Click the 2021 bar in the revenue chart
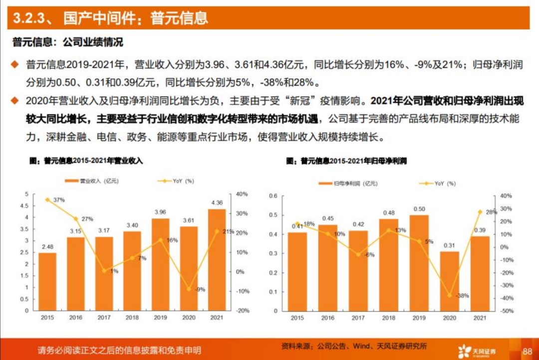pos(217,260)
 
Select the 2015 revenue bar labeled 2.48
pos(47,281)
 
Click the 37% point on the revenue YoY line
pos(48,200)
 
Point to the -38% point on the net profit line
pos(449,296)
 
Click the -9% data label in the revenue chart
pos(200,290)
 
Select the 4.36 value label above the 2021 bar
pos(217,203)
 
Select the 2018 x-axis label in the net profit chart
pos(389,318)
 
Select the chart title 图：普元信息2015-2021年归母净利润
pos(346,161)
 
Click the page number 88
pos(527,351)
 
